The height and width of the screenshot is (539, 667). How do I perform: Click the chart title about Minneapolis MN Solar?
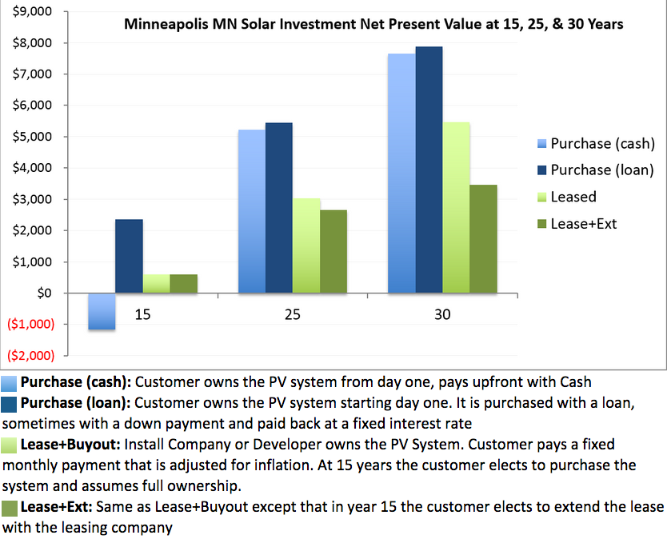pos(373,24)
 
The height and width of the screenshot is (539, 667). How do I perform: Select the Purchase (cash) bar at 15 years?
pos(102,311)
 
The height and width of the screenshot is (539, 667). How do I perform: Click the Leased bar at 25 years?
pos(306,246)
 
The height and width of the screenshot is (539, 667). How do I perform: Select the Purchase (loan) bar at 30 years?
pos(429,170)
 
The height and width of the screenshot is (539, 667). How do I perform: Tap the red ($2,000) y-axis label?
pos(28,355)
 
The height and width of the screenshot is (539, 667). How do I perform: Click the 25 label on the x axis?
pos(292,315)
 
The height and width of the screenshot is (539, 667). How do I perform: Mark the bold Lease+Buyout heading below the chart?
pos(67,443)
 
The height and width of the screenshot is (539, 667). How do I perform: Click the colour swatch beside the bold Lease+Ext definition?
pos(10,508)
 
